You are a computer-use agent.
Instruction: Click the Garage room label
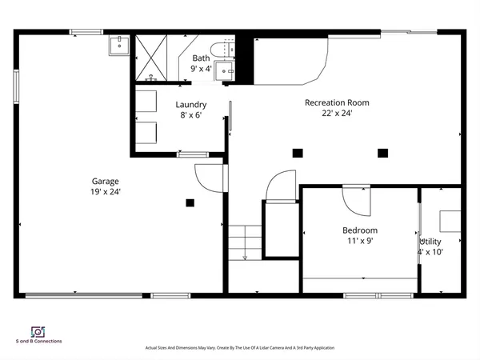[105, 182]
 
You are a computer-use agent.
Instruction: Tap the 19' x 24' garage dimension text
[105, 192]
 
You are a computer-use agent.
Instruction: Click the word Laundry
[191, 104]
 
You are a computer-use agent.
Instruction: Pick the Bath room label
[201, 58]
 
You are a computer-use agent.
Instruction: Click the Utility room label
[430, 241]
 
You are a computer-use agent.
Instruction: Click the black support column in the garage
[190, 202]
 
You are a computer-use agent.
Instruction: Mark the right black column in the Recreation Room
[382, 153]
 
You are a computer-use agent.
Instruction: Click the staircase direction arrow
[244, 256]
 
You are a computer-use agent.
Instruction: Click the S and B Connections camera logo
[37, 331]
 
